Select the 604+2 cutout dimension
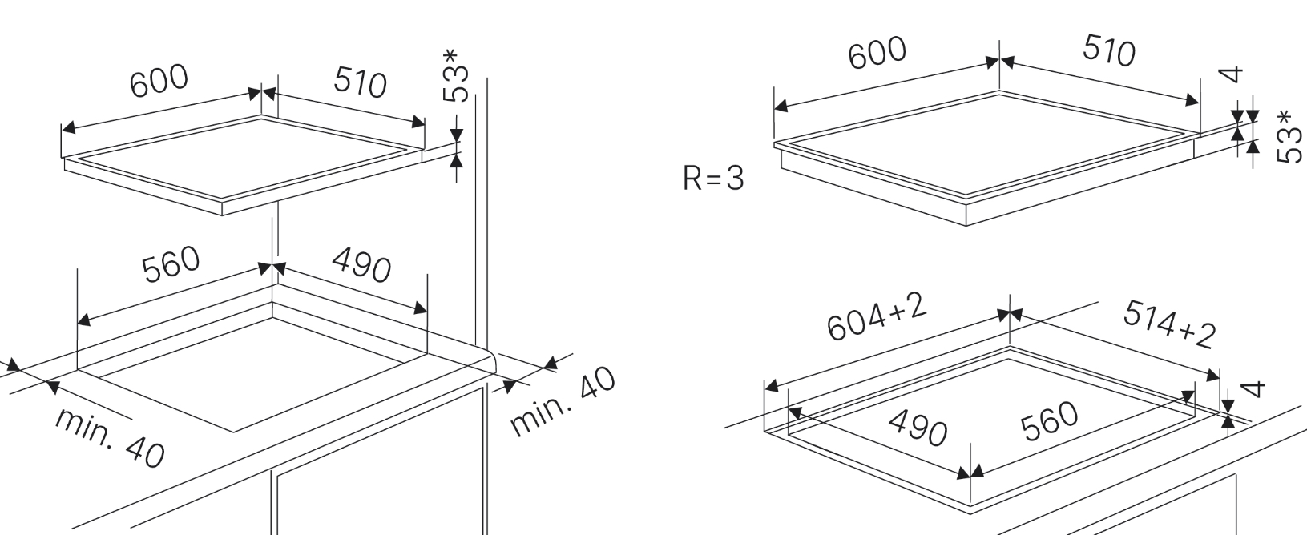click(x=877, y=316)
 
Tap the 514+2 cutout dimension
click(x=1169, y=324)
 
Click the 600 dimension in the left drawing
click(x=159, y=82)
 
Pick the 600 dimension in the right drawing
click(x=877, y=52)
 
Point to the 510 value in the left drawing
click(x=361, y=82)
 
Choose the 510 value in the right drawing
click(x=1109, y=52)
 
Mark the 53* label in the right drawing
click(x=1287, y=137)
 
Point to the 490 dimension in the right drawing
click(x=918, y=428)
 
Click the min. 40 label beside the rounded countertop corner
click(x=564, y=401)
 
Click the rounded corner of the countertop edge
click(x=492, y=357)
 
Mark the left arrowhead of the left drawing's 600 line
click(x=67, y=127)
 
